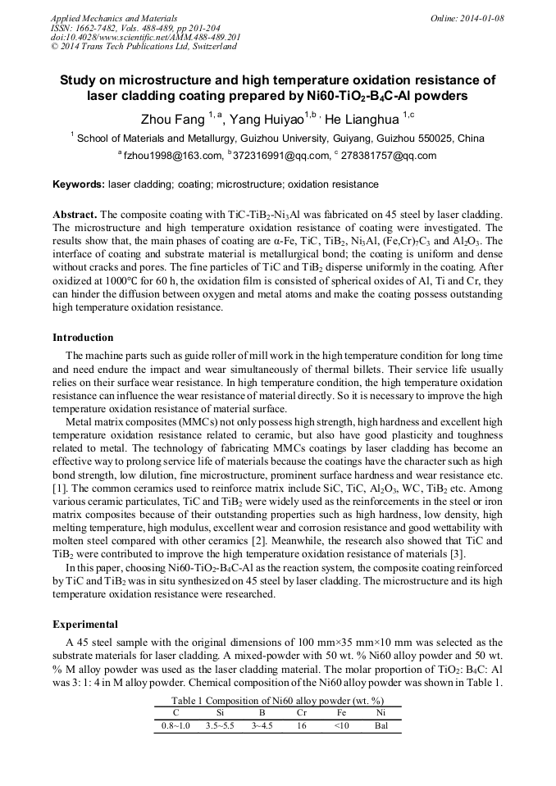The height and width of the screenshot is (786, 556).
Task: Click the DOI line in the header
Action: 145,38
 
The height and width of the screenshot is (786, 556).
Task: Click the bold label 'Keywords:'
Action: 79,184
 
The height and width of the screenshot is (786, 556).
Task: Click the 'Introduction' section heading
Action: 83,338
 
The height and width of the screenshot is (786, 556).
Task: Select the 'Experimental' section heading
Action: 85,625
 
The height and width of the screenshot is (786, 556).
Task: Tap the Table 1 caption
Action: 277,701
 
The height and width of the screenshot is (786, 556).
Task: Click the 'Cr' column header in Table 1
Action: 301,713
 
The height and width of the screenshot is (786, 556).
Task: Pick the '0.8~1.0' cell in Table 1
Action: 175,726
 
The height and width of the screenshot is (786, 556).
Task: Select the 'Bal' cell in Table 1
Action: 380,726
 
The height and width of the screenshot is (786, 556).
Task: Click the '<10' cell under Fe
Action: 341,726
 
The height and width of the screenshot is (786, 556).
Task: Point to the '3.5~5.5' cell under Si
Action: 220,726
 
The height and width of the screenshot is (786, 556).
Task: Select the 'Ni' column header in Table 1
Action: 380,713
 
